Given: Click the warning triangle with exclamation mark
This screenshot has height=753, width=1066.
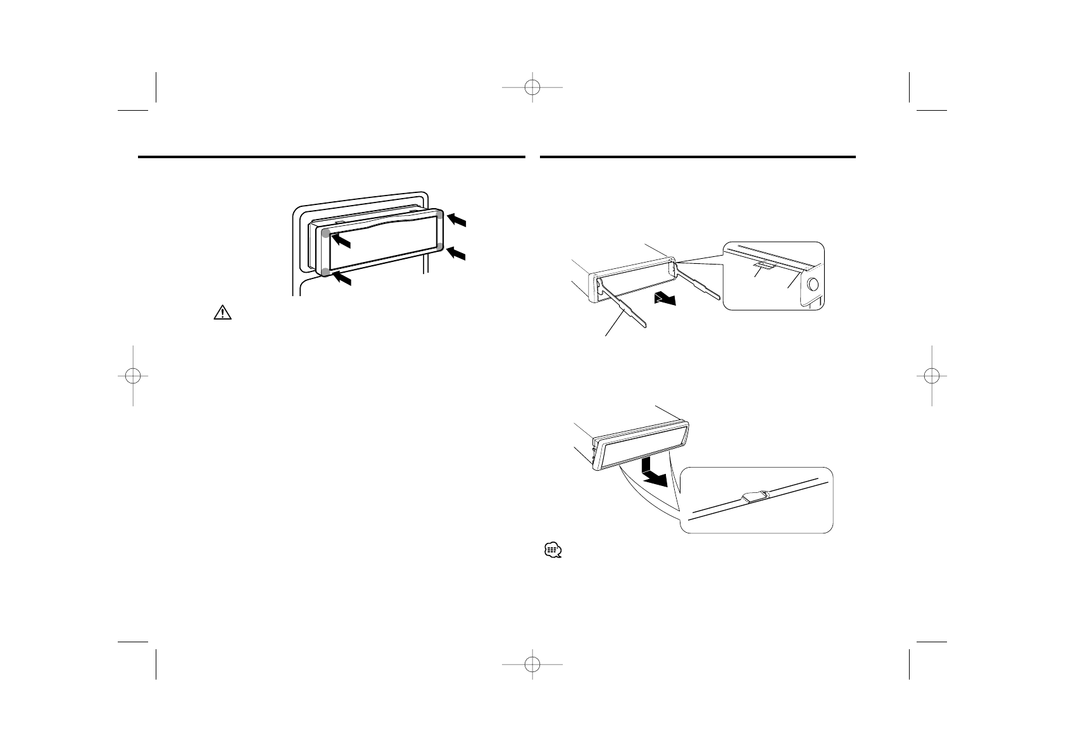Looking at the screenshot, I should click(x=223, y=313).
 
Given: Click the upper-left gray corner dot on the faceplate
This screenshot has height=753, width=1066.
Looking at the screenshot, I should click(x=326, y=233).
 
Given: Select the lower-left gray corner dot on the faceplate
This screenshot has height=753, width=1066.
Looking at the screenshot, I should click(x=325, y=272).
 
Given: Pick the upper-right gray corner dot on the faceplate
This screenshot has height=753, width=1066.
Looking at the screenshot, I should click(x=441, y=216).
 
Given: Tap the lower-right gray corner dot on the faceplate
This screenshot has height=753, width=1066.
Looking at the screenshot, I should click(x=441, y=246).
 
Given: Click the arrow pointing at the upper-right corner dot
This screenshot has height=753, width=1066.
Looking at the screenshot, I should click(x=459, y=220).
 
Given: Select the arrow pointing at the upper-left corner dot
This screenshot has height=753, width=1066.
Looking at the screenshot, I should click(x=342, y=241).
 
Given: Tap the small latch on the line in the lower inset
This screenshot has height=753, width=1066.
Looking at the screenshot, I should click(x=755, y=497).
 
